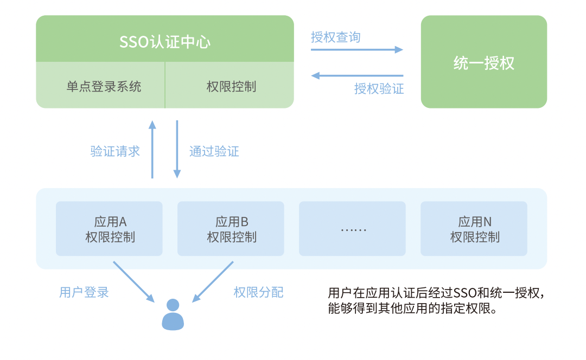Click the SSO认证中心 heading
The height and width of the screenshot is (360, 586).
[x=165, y=42]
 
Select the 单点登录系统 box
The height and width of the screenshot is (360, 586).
[x=100, y=85]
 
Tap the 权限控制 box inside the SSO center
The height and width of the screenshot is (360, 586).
[x=230, y=85]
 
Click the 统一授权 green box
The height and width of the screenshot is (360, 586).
[x=483, y=62]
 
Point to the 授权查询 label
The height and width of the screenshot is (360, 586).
[x=336, y=37]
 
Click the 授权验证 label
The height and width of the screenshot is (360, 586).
[x=379, y=88]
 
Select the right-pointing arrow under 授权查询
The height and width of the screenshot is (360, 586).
[x=357, y=49]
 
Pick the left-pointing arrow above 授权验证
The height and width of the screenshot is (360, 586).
[x=357, y=76]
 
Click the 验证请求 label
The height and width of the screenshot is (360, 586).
[x=115, y=151]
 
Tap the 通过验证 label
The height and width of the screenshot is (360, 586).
[x=214, y=151]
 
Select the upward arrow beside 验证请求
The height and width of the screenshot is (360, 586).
[x=152, y=149]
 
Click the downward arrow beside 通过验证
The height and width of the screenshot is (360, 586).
[x=177, y=149]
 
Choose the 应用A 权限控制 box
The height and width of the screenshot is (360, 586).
[x=109, y=229]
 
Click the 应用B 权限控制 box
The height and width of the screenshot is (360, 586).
[x=231, y=229]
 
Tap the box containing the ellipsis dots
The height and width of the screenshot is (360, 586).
[x=353, y=229]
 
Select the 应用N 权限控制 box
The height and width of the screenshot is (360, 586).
[x=474, y=229]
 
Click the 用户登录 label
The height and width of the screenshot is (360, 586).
[x=84, y=292]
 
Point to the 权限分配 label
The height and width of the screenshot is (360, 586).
[x=259, y=292]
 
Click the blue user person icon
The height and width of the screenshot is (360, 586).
[x=173, y=314]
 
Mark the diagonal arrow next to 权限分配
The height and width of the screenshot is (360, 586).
[x=213, y=282]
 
